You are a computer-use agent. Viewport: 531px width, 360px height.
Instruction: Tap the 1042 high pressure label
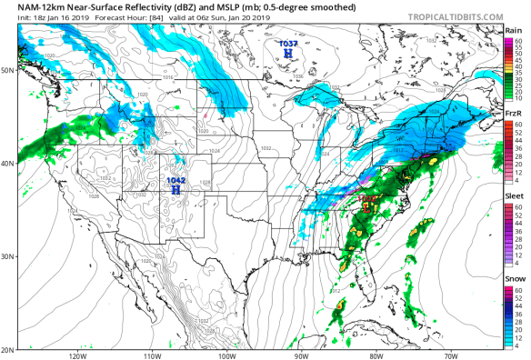[176, 182]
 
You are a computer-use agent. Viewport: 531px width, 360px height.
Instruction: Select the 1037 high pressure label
[287, 44]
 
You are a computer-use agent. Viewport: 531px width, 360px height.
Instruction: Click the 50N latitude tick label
[8, 70]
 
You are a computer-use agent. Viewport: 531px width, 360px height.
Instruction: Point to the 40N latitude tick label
[8, 163]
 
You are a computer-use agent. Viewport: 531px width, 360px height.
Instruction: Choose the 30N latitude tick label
[8, 256]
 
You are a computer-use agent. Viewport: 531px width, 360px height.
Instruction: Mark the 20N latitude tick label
[8, 350]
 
